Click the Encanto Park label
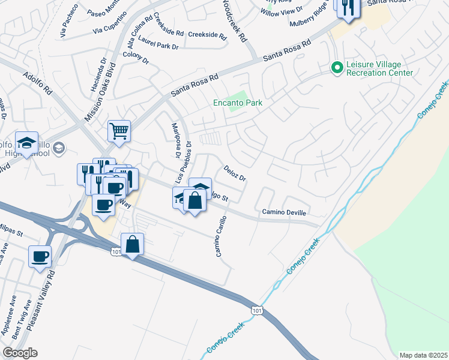[238, 103]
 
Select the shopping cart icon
[119, 131]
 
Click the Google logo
[20, 353]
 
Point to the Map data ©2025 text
[423, 355]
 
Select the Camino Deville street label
[283, 212]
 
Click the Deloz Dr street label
[235, 173]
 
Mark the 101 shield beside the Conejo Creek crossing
[256, 310]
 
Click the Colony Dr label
[136, 57]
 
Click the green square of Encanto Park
[240, 96]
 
